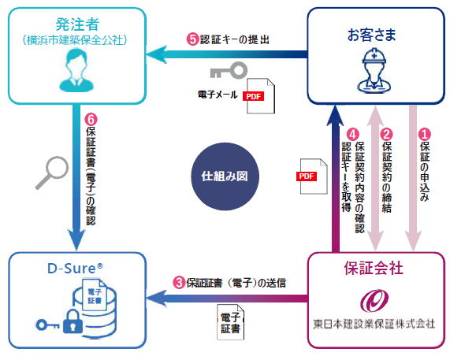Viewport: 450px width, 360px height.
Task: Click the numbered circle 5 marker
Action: (193, 39)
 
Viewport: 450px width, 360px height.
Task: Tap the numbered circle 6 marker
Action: (91, 120)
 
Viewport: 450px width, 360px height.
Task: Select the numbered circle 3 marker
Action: (179, 283)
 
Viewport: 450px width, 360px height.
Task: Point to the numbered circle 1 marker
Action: (425, 134)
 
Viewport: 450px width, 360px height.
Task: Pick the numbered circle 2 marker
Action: (386, 134)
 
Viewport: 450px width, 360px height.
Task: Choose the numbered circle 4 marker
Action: (352, 134)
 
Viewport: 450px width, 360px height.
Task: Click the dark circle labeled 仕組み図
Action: (225, 176)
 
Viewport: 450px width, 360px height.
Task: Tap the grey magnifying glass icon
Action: (52, 173)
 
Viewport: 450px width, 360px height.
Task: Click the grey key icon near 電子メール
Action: (229, 71)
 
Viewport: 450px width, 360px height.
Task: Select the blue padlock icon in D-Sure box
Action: (73, 322)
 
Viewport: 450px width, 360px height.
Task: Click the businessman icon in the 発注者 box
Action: (76, 70)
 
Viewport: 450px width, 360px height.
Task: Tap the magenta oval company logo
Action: (374, 301)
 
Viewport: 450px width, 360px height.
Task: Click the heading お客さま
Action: (372, 35)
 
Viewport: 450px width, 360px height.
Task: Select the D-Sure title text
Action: (75, 268)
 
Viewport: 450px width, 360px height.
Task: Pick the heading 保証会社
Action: (374, 268)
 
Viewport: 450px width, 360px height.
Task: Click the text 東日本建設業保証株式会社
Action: (374, 324)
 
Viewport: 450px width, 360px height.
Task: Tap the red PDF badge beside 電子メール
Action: (253, 96)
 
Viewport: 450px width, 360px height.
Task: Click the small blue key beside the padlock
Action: (46, 325)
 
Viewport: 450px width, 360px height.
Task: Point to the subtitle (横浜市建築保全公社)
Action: (75, 40)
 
